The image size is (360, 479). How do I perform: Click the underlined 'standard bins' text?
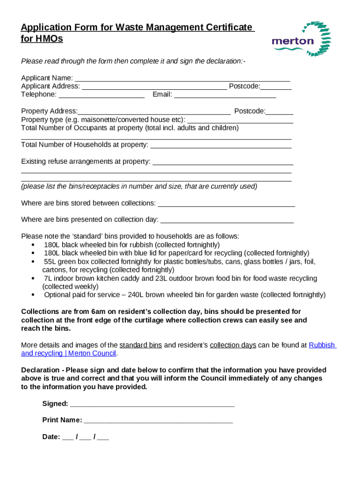click(x=141, y=345)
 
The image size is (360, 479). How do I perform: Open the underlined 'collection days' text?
click(x=233, y=345)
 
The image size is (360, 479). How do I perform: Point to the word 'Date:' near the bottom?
click(x=51, y=437)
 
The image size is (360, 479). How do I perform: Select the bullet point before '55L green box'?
click(x=32, y=261)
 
